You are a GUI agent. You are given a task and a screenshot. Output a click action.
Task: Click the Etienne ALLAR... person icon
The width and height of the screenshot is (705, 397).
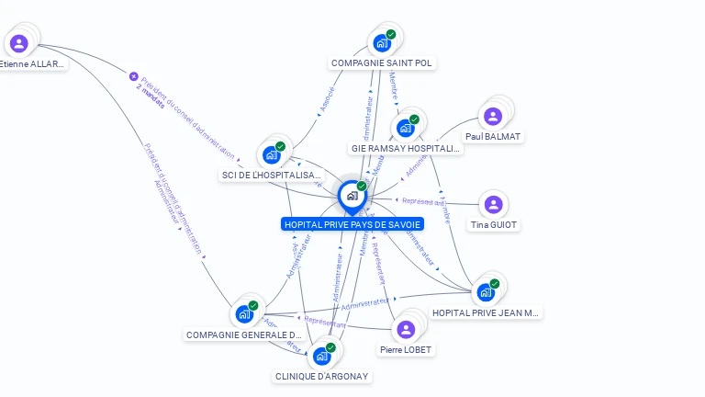point(19,42)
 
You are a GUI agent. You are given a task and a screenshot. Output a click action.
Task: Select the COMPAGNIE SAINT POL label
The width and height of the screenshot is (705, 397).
point(383,63)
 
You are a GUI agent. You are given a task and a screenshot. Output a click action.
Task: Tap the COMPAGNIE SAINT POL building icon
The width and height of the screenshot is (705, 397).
point(382,42)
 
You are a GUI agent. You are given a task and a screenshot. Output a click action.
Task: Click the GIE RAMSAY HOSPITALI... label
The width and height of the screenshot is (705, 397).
point(406,148)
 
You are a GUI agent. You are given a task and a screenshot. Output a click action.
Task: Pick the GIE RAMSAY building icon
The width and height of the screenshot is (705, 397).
point(405,128)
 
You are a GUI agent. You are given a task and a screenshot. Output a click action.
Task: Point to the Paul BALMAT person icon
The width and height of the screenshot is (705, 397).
point(493,116)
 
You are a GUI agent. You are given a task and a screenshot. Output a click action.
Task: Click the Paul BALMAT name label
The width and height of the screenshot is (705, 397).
point(493,137)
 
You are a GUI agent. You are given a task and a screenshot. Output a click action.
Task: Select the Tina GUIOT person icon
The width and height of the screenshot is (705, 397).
point(493,204)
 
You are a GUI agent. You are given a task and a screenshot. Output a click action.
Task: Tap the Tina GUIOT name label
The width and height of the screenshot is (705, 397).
point(493,225)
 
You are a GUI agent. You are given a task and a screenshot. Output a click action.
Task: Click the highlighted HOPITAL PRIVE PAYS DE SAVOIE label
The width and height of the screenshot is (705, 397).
point(352,224)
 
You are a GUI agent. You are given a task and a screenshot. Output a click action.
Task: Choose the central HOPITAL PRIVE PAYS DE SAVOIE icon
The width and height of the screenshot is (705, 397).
point(352,195)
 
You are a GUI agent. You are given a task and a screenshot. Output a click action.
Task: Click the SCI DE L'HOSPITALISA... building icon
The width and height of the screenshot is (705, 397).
point(272,154)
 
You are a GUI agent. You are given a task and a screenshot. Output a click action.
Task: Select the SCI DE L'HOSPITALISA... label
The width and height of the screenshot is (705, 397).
point(273,175)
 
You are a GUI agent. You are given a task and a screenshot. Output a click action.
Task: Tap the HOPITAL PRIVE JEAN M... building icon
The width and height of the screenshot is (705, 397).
point(485,292)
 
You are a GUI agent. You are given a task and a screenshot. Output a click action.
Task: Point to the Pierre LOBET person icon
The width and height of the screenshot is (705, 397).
point(406,329)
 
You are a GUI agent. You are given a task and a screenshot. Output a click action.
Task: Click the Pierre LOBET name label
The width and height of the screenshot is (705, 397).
point(406,350)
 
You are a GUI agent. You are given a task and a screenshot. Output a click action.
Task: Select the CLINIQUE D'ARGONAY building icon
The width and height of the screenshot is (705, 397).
point(321,356)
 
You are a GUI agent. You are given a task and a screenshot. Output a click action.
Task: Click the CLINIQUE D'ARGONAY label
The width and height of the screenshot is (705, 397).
point(322,376)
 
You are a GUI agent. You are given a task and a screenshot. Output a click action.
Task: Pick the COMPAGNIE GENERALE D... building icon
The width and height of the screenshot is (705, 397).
point(244,314)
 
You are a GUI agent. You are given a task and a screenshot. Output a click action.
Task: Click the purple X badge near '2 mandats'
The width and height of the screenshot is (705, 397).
point(133,77)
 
